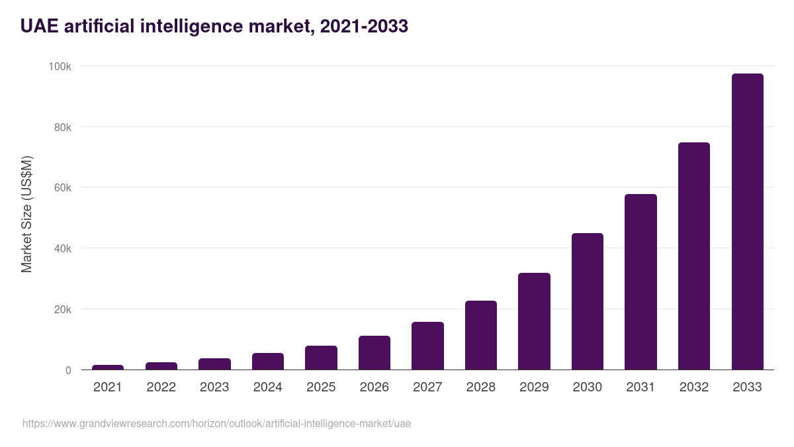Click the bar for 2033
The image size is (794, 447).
(747, 222)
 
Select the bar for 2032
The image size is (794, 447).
(693, 256)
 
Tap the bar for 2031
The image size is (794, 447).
(640, 282)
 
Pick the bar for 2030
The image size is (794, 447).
(588, 301)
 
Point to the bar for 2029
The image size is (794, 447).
(534, 321)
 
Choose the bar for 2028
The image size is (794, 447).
(481, 335)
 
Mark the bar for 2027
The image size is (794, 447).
(427, 346)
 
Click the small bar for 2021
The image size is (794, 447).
(108, 368)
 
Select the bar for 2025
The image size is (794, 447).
(321, 358)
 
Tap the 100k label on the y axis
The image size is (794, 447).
(60, 66)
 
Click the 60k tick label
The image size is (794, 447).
(62, 188)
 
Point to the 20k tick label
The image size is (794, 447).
(62, 309)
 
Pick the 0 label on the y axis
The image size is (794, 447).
(68, 370)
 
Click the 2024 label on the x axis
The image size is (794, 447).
(267, 387)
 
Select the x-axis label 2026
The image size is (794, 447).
(374, 387)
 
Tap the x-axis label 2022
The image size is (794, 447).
(161, 387)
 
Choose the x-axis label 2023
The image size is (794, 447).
(214, 387)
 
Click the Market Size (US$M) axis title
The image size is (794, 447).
(26, 214)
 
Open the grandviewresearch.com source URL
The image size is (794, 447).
(216, 424)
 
